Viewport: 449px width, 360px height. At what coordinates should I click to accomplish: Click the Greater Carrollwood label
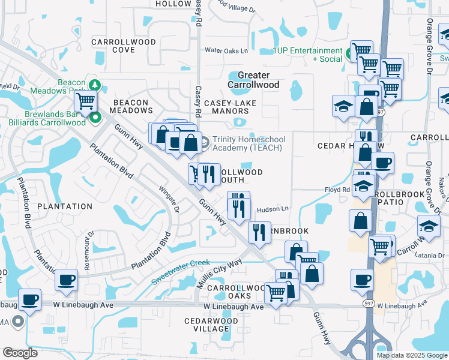tap(258, 80)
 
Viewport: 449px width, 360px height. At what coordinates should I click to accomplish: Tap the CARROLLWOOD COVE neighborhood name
tap(124, 46)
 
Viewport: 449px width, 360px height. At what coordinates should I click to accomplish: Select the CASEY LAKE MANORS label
tap(231, 107)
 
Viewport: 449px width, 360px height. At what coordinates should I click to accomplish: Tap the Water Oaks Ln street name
tap(226, 51)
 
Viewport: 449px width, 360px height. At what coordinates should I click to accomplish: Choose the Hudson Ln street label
tap(273, 209)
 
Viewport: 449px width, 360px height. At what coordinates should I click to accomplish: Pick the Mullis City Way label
tap(220, 274)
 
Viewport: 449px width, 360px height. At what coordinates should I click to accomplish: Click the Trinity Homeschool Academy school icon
tap(204, 142)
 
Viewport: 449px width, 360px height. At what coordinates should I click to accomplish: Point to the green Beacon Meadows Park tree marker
tap(94, 84)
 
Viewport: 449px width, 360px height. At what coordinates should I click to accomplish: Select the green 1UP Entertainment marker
tap(349, 55)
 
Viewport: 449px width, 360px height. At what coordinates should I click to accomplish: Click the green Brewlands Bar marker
tap(95, 118)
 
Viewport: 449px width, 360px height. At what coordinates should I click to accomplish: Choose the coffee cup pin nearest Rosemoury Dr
tap(66, 280)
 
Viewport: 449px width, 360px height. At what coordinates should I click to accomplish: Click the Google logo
tap(20, 353)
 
